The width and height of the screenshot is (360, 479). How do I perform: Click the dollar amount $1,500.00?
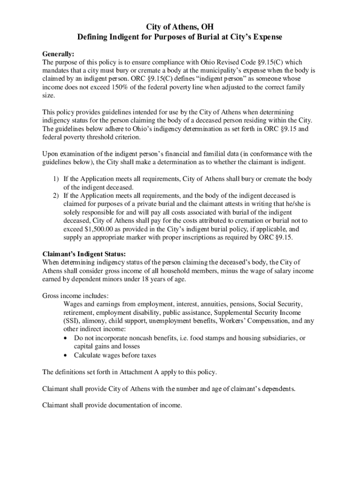click(x=102, y=229)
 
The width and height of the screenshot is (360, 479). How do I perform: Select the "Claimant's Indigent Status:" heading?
click(x=84, y=254)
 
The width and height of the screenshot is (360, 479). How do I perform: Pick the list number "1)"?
click(x=55, y=179)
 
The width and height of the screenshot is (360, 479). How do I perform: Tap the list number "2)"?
click(x=55, y=196)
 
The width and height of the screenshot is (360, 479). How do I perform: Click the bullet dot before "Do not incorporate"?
click(x=65, y=338)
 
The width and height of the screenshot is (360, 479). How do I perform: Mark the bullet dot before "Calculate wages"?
click(x=65, y=355)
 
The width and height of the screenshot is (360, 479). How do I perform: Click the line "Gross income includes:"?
click(x=75, y=296)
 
